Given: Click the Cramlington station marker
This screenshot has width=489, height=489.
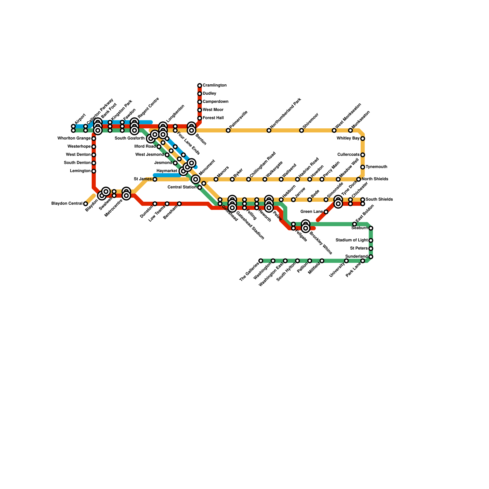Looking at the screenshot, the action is pyautogui.click(x=200, y=86).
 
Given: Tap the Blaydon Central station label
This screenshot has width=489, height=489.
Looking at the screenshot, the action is pyautogui.click(x=67, y=204).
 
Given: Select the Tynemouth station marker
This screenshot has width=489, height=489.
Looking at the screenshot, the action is pyautogui.click(x=362, y=167).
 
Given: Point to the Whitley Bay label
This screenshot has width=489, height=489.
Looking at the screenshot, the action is pyautogui.click(x=348, y=138).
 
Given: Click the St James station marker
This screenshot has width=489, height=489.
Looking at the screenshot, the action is pyautogui.click(x=155, y=179).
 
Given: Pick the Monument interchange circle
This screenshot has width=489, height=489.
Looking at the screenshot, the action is pyautogui.click(x=196, y=179).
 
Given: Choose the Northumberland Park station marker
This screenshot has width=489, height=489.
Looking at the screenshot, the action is pyautogui.click(x=269, y=131).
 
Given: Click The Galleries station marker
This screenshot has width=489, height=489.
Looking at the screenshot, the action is pyautogui.click(x=261, y=261).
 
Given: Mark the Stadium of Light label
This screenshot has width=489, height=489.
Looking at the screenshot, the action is pyautogui.click(x=351, y=240).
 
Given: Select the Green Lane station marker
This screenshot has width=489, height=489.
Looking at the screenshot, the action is pyautogui.click(x=326, y=212).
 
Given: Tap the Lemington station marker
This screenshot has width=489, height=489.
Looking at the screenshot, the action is pyautogui.click(x=94, y=171).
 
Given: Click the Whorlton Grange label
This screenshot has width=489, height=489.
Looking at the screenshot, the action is pyautogui.click(x=74, y=138).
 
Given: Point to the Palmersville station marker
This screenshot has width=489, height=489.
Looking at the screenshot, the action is pyautogui.click(x=228, y=131).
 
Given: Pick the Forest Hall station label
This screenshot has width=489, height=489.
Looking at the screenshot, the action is pyautogui.click(x=213, y=118).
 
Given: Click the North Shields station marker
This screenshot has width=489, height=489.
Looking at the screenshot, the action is pyautogui.click(x=358, y=179).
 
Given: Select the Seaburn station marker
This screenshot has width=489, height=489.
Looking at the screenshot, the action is pyautogui.click(x=371, y=228).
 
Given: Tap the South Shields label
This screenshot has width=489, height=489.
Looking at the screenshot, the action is pyautogui.click(x=379, y=200).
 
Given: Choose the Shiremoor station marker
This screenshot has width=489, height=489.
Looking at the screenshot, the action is pyautogui.click(x=301, y=131).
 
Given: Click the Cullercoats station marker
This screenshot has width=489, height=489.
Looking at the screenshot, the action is pyautogui.click(x=362, y=155).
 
